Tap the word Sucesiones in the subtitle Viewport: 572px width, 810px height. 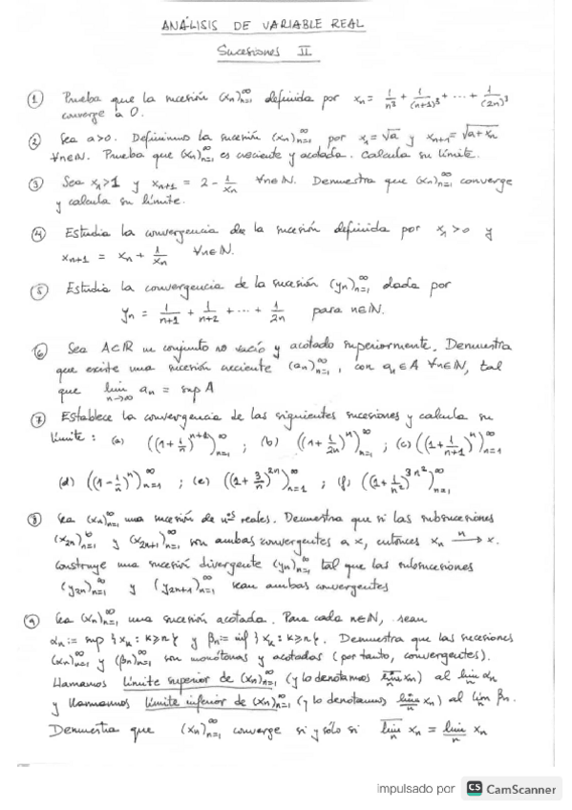(252, 54)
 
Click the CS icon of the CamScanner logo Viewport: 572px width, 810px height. (474, 789)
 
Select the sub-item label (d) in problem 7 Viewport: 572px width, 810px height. (67, 481)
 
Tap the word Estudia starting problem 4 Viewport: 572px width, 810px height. (90, 230)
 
